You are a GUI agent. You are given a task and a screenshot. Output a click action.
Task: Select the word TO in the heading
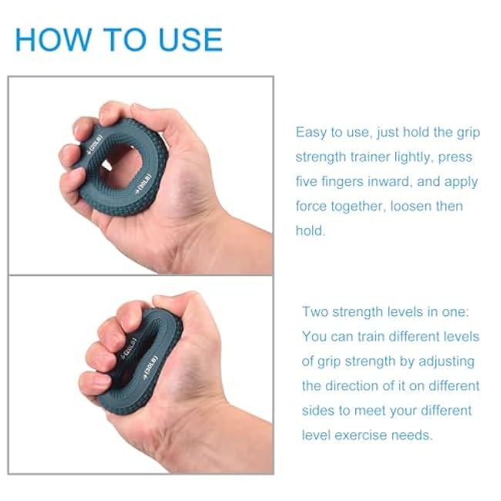tap(119, 39)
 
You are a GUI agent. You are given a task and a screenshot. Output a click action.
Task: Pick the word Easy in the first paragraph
tap(312, 133)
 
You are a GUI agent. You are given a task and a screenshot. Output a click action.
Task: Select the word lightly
tap(431, 157)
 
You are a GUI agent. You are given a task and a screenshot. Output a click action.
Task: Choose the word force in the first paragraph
tap(313, 207)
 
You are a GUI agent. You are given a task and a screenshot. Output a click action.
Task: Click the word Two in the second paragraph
tap(316, 312)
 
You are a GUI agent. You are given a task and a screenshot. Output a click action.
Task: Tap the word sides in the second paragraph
tap(319, 411)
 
